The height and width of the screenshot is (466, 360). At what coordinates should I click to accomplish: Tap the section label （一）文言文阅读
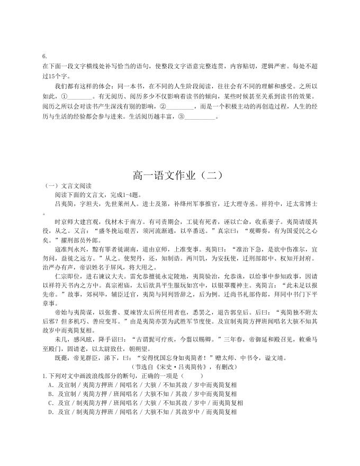[x=69, y=185]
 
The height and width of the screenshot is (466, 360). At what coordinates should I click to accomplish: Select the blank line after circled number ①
[x=80, y=97]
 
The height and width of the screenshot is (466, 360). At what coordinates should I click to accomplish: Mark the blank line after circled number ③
[x=200, y=117]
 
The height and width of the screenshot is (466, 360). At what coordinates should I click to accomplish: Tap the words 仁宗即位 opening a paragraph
[x=68, y=276]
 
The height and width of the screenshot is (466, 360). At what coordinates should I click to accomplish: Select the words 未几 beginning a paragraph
[x=61, y=338]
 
